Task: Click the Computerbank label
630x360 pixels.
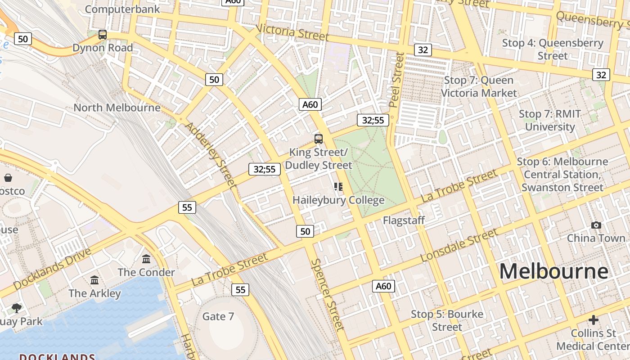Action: (122, 9)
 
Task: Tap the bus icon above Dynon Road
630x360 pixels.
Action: (103, 34)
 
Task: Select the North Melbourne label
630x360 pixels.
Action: (117, 108)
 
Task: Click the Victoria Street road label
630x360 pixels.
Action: (292, 32)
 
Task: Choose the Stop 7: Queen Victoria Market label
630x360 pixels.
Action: (479, 86)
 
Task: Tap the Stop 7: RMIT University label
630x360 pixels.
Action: (550, 120)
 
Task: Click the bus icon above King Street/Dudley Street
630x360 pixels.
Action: (319, 139)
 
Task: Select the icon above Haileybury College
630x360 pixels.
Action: (338, 186)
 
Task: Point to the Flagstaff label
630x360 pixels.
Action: (404, 220)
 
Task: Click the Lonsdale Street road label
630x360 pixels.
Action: (459, 245)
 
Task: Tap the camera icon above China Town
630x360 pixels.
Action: (596, 225)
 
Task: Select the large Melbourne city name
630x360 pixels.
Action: (553, 271)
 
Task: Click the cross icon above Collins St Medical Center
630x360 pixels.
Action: (594, 320)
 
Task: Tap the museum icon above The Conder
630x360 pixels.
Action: (146, 259)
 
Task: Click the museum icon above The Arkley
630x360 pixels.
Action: (94, 280)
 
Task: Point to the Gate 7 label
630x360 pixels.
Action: (218, 316)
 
